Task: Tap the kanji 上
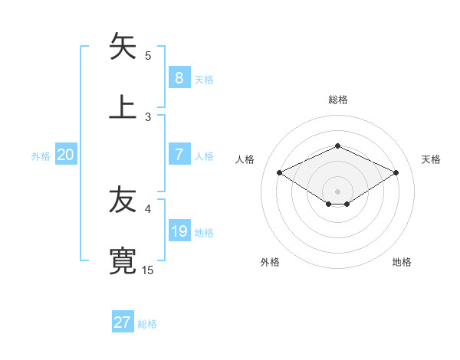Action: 123,106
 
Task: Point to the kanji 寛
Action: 123,260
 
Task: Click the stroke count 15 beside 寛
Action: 148,270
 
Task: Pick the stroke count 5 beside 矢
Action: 148,55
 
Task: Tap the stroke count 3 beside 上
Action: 148,116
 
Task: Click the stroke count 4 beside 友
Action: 148,208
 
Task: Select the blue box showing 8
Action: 179,77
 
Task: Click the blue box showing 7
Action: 179,154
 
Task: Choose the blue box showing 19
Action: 179,231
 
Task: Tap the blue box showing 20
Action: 66,154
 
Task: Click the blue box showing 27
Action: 123,322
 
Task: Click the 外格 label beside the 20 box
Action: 41,155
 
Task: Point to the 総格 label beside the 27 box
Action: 147,324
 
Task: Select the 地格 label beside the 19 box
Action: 204,232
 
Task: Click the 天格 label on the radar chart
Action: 431,159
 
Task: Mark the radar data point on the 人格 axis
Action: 280,172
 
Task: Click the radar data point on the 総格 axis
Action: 337,146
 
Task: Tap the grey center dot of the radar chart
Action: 337,191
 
